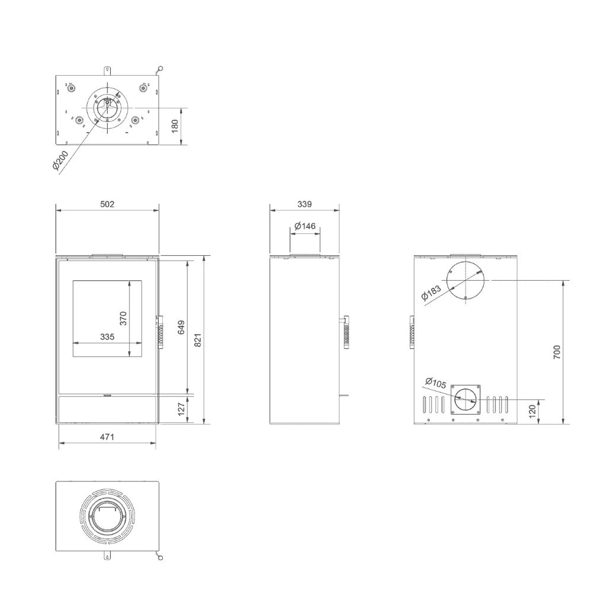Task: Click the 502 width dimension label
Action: point(107,204)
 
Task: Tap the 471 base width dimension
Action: point(107,437)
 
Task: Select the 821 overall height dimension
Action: point(198,339)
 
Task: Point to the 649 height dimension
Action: point(181,327)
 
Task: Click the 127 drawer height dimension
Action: point(181,408)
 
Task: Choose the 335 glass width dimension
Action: point(107,336)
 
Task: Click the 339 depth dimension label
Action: point(304,204)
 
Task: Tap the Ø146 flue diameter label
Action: point(304,226)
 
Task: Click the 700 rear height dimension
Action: point(557,352)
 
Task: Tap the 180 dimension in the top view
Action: point(175,126)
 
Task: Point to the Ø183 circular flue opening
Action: point(466,280)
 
